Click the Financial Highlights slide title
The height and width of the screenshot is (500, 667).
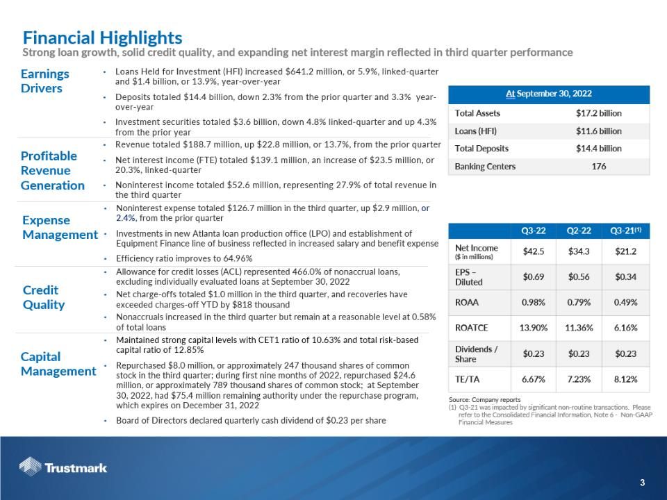[102, 37]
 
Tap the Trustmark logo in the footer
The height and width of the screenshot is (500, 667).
[63, 467]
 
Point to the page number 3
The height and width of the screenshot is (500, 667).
[643, 483]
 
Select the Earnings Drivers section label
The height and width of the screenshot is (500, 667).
[45, 81]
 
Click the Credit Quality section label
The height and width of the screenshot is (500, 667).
[44, 297]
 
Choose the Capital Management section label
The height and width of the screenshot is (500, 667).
[58, 364]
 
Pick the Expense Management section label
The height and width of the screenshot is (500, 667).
[60, 227]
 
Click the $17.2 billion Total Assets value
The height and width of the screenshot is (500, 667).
[598, 113]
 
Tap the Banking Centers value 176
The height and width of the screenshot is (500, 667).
[598, 167]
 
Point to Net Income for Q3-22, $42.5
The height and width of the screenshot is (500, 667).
[533, 251]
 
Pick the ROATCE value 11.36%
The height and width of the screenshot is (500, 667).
[578, 327]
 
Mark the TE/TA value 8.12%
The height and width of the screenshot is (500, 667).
[625, 379]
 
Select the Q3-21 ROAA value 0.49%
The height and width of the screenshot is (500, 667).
[625, 303]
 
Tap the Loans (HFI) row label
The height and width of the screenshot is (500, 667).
[476, 131]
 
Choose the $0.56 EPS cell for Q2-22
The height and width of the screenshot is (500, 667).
[578, 277]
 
